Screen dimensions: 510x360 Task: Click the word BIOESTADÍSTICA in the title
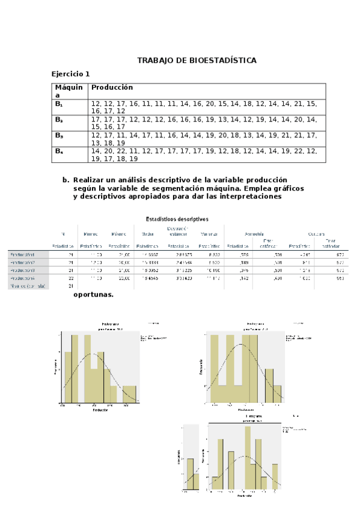pos(223,61)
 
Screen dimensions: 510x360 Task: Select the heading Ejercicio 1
pos(70,74)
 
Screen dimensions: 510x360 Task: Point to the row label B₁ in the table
pos(59,104)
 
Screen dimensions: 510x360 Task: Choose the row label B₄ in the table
pos(59,151)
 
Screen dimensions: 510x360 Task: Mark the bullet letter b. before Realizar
pos(66,180)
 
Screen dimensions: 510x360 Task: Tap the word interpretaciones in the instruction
pos(246,197)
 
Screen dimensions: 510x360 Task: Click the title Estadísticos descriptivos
pos(177,219)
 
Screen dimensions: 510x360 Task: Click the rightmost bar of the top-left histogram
pos(130,395)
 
